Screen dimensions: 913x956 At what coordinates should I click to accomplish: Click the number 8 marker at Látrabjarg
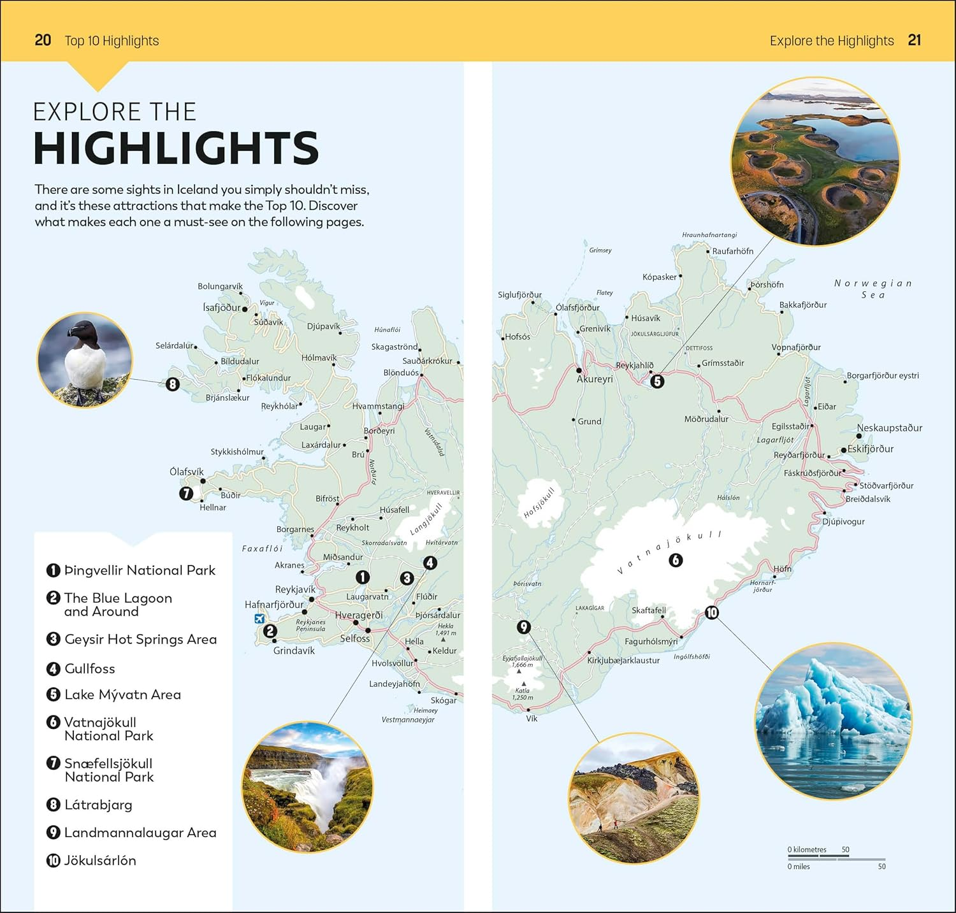coord(173,384)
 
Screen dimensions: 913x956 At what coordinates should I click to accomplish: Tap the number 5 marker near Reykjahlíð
coord(657,381)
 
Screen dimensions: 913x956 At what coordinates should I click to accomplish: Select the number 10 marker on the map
coord(711,612)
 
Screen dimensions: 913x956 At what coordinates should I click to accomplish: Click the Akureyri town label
coord(595,379)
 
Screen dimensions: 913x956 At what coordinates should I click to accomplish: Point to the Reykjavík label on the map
coord(295,589)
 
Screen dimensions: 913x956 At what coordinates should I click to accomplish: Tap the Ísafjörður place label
coord(222,308)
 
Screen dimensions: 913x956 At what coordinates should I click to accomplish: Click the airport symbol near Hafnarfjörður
coord(259,618)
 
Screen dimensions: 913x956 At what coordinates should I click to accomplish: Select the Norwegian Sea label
coord(873,289)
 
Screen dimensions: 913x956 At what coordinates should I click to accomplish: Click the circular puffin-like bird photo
coord(85,360)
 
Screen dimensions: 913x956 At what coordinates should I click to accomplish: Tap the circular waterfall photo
coord(308,787)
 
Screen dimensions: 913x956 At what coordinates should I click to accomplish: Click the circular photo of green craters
coord(815,162)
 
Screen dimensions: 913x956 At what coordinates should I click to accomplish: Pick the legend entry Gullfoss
coord(89,668)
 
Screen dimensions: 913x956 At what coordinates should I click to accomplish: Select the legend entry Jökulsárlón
coord(99,861)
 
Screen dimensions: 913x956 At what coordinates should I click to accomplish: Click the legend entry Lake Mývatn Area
coord(122,694)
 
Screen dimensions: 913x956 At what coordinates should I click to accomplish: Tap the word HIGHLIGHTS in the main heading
coord(176,148)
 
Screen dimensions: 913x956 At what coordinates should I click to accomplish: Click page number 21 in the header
coord(915,40)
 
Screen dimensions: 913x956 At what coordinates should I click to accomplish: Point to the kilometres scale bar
coord(818,857)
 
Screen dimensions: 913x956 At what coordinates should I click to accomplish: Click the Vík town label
coord(532,719)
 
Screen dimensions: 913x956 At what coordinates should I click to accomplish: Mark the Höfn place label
coord(782,569)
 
